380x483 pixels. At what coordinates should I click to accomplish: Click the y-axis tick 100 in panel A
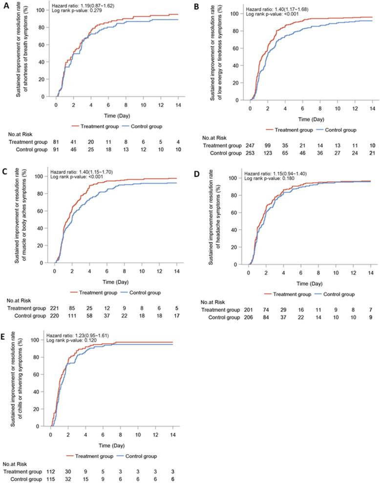coord(43,10)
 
